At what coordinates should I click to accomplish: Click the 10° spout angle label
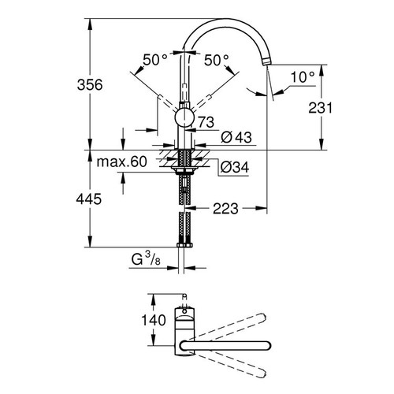pos(303,77)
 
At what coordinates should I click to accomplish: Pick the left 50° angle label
pos(155,59)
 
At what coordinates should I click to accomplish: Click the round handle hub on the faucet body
pos(184,119)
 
